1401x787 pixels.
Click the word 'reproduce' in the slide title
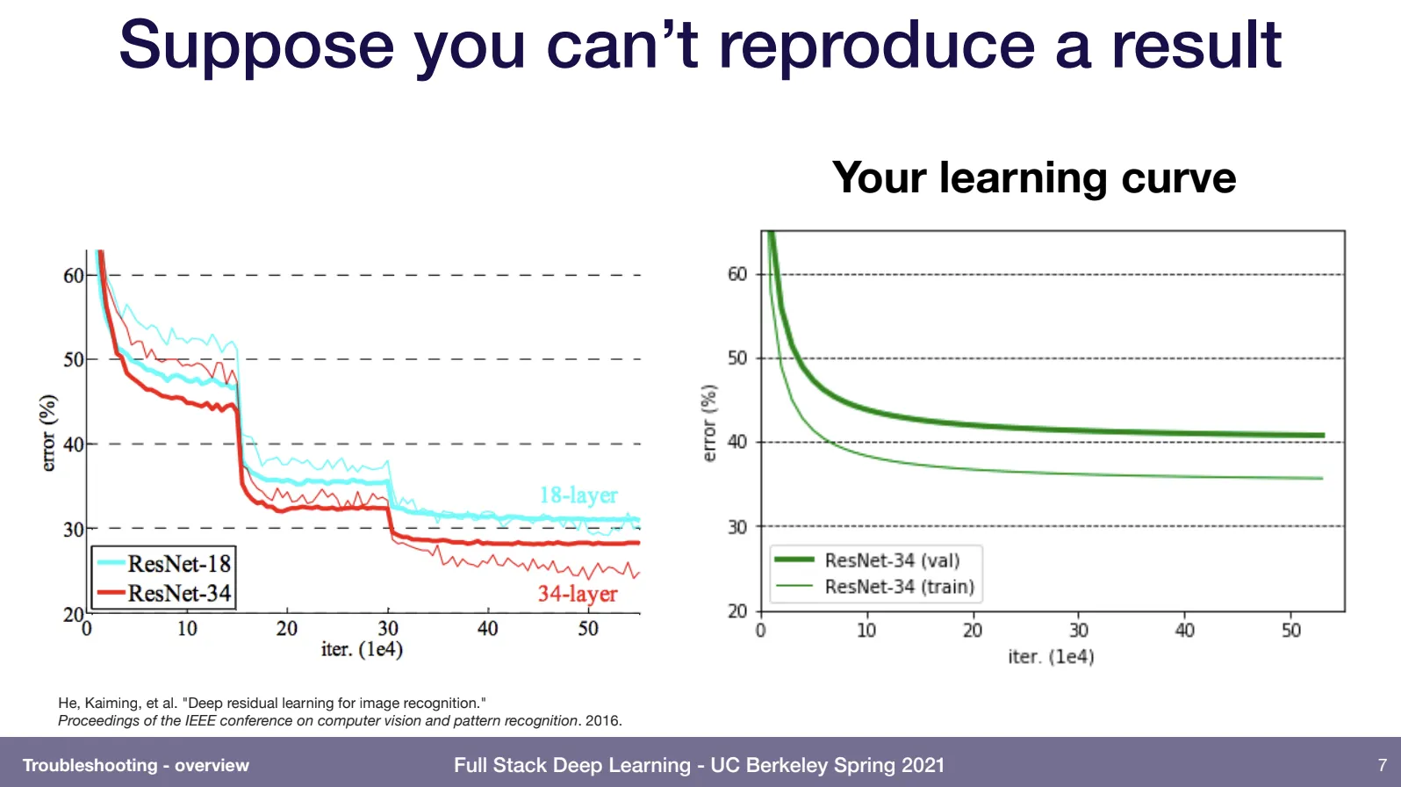[x=876, y=46]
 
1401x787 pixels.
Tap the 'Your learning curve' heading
[x=1033, y=178]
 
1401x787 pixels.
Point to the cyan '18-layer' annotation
[x=578, y=495]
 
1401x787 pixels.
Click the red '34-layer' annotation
[x=578, y=595]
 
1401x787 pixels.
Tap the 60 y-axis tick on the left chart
[x=73, y=276]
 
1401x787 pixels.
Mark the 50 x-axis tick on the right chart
[x=1290, y=631]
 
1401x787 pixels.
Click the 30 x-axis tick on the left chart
[x=388, y=629]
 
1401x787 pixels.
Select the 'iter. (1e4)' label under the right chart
[x=1051, y=657]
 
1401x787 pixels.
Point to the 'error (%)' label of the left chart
[x=48, y=433]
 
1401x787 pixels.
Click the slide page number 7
[x=1383, y=765]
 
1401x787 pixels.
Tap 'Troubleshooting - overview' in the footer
[x=136, y=766]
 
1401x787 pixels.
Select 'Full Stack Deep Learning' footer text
[x=571, y=765]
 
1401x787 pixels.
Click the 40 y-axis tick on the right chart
[x=737, y=442]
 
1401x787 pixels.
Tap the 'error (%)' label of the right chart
[x=709, y=422]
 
